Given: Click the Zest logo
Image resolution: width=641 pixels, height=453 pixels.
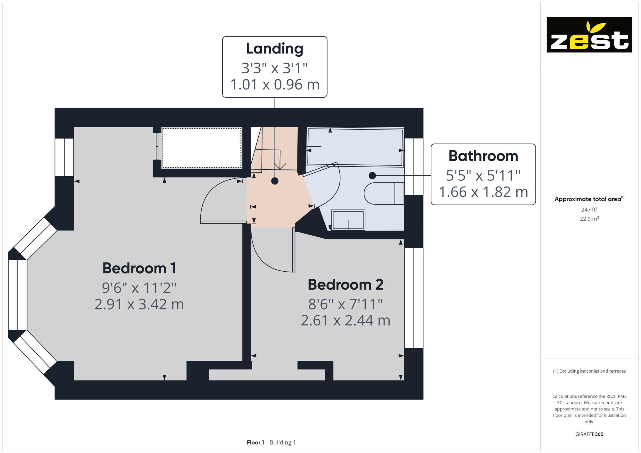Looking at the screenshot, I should [x=589, y=35].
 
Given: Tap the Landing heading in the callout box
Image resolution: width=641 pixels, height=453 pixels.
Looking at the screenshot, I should [x=275, y=49].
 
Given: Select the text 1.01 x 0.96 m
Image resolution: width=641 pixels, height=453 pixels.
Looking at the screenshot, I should [x=275, y=85].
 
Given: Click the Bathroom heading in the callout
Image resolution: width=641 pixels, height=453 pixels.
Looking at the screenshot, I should [x=483, y=156].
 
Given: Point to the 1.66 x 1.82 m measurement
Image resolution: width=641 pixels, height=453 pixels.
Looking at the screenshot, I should [x=483, y=192].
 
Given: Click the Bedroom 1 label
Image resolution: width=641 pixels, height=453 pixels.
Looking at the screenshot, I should [x=139, y=268].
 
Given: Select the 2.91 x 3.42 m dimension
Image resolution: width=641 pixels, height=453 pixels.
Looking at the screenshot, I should [x=139, y=304].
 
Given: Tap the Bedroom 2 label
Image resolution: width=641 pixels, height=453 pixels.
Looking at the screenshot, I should [x=345, y=284].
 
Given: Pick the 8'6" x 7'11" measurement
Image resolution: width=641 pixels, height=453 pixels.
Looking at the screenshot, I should [x=345, y=304].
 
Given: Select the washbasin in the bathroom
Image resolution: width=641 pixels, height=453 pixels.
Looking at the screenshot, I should [x=348, y=220].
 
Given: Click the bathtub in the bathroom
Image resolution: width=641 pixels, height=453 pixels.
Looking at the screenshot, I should [x=355, y=147].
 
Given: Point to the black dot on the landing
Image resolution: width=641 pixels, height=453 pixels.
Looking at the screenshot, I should [x=275, y=181].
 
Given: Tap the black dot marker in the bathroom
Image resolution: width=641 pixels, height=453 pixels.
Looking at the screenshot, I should [x=372, y=176].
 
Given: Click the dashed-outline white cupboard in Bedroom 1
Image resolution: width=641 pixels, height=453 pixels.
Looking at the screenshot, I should [x=202, y=148].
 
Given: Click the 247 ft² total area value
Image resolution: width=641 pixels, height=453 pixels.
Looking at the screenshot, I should [x=589, y=210].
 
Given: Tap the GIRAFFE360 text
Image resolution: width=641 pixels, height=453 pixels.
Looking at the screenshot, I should [x=589, y=434].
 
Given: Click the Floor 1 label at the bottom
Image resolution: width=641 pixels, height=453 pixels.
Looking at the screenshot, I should [x=255, y=442].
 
